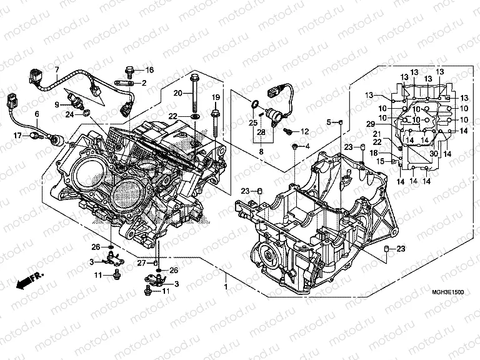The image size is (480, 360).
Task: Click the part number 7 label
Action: (56, 69)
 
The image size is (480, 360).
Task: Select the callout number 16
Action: (150, 69)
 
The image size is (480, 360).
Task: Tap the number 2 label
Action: (144, 82)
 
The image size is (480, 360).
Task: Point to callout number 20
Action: (177, 93)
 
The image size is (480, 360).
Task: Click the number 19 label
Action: (215, 97)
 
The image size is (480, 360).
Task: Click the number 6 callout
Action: (37, 114)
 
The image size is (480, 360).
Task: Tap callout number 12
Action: (305, 132)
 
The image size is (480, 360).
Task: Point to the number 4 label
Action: (307, 146)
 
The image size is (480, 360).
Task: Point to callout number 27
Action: (142, 262)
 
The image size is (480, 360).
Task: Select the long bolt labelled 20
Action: (194, 94)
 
